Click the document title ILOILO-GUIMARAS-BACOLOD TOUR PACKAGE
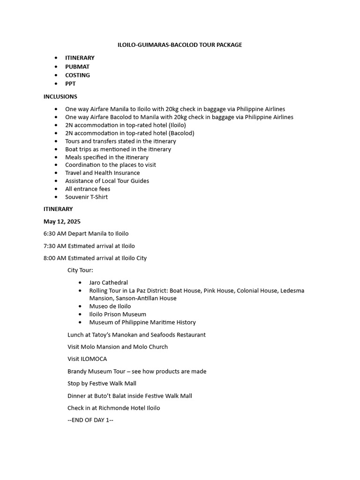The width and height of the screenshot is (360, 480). pyautogui.click(x=180, y=45)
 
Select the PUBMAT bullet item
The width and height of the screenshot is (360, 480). pyautogui.click(x=77, y=67)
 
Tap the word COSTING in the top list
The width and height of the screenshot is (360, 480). pyautogui.click(x=77, y=75)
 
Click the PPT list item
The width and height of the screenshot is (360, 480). pyautogui.click(x=70, y=84)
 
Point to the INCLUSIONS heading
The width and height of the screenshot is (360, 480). pyautogui.click(x=60, y=97)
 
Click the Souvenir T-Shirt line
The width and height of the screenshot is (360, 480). pyautogui.click(x=86, y=197)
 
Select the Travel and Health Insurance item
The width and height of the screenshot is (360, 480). pyautogui.click(x=102, y=173)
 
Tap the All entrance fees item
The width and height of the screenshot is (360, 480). pyautogui.click(x=88, y=189)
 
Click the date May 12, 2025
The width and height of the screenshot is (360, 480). pyautogui.click(x=62, y=222)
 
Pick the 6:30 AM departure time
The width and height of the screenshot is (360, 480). pyautogui.click(x=55, y=233)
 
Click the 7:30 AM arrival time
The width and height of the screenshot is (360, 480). pyautogui.click(x=55, y=246)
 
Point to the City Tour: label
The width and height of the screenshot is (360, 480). pyautogui.click(x=80, y=270)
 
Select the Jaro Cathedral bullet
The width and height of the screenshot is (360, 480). pyautogui.click(x=108, y=283)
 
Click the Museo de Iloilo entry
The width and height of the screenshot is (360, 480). pyautogui.click(x=110, y=306)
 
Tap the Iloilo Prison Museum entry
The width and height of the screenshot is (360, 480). pyautogui.click(x=118, y=314)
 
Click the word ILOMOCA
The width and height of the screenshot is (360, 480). pyautogui.click(x=94, y=359)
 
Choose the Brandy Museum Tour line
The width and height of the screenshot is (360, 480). pyautogui.click(x=137, y=371)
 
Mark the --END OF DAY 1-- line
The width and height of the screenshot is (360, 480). pyautogui.click(x=90, y=420)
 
